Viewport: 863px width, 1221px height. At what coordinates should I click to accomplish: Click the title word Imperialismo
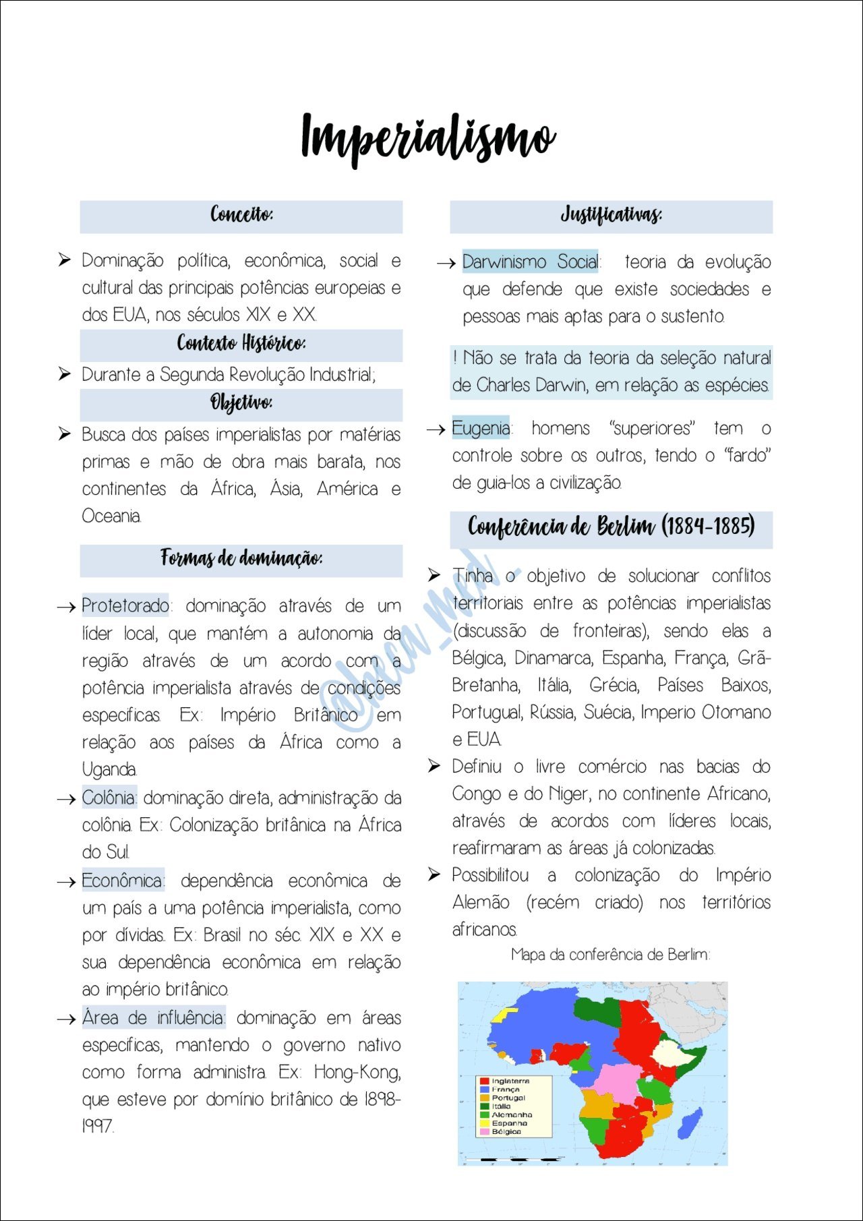pos(429,138)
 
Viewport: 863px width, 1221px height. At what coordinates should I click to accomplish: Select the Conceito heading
pos(241,215)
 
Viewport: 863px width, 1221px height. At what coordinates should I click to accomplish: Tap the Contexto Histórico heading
pos(241,344)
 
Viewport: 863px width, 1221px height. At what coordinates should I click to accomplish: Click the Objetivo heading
pos(241,403)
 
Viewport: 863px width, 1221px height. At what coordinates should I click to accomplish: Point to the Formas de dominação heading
pos(241,558)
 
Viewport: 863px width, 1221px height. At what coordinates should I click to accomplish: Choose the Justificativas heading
pos(611,215)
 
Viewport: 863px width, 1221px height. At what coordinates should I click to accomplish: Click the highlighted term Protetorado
pos(125,605)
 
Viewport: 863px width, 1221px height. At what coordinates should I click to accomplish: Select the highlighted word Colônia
pos(109,798)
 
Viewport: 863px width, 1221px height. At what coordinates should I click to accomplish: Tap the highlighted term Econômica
pos(122,881)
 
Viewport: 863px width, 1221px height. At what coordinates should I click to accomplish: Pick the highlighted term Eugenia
pos(481,428)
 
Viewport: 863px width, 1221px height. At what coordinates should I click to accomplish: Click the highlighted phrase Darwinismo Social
pos(531,262)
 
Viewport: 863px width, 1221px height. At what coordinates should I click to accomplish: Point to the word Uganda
pos(109,769)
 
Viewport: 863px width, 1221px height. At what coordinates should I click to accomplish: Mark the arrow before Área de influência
pos(66,1019)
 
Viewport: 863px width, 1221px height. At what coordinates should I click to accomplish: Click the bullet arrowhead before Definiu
pos(434,766)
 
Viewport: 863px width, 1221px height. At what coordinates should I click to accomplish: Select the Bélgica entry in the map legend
pos(506,1131)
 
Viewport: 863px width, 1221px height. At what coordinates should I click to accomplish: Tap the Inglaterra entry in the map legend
pos(510,1081)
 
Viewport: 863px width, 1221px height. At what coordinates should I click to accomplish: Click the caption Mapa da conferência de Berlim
pos(610,955)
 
